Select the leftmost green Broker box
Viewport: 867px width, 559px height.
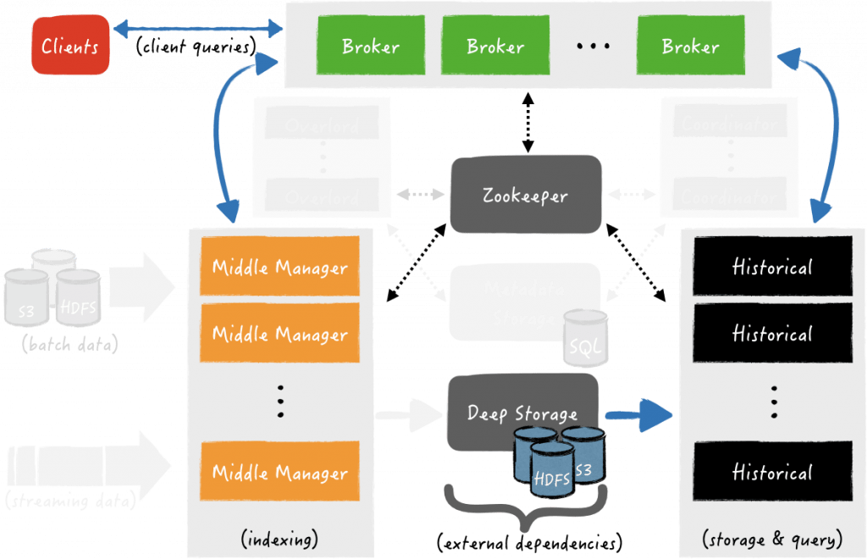point(371,46)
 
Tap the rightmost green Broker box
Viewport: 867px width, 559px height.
point(691,46)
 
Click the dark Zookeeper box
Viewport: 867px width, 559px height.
point(526,196)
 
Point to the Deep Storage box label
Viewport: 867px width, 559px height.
point(522,413)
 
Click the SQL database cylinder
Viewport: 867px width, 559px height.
point(587,338)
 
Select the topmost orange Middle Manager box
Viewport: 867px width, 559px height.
point(279,268)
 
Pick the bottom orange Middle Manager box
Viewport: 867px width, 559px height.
point(279,473)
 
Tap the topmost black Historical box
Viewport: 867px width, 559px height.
point(772,268)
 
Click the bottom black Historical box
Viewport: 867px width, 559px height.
point(772,473)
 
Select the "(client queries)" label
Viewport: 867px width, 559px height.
point(196,47)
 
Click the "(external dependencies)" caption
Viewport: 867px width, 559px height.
point(529,540)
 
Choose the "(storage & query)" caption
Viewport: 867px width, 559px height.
point(772,540)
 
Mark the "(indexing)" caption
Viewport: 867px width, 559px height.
point(279,540)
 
